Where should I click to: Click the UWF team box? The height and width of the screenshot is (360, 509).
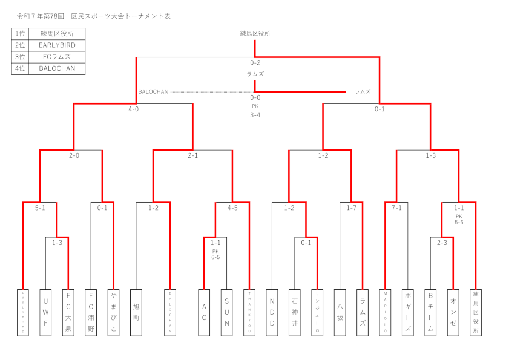point(45,312)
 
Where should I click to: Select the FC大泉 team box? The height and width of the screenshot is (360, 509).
point(68,312)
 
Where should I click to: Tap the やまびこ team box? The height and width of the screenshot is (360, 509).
point(113,312)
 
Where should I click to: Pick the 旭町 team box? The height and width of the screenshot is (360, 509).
point(136,312)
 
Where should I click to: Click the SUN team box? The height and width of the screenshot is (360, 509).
point(226,312)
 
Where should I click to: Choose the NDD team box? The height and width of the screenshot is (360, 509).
point(272,312)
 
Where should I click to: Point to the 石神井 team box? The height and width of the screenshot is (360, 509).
point(295,312)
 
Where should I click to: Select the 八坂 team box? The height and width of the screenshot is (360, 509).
point(340,312)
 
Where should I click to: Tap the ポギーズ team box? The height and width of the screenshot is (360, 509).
point(408,312)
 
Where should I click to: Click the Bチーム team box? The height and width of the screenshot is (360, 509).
point(430,312)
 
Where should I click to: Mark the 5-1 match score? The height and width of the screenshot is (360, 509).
point(40,208)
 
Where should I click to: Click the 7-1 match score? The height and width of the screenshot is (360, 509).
point(396,208)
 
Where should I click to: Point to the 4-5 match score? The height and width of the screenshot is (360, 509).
point(232,208)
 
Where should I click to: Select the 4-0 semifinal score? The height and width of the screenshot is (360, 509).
point(133,110)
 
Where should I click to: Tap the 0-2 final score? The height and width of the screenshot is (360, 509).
point(255,63)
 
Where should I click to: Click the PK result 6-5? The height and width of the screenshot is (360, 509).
point(215,257)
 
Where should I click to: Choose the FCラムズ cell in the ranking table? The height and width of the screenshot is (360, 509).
point(56,57)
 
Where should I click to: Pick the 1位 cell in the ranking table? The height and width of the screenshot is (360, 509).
point(20,34)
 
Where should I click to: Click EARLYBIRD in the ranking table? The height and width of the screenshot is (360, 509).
point(56,45)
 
